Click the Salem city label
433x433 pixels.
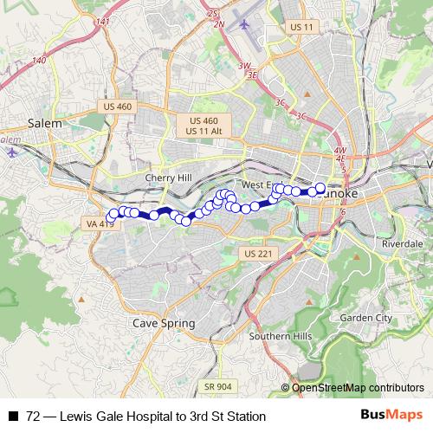[44, 124]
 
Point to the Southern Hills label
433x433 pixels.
[274, 336]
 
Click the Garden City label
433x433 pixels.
[365, 318]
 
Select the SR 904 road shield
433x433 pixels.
[218, 385]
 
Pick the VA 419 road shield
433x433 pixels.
[100, 223]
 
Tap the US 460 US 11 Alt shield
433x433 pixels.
[204, 125]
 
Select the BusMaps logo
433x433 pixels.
[391, 416]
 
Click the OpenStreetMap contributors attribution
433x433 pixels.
[358, 387]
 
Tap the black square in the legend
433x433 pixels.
[13, 417]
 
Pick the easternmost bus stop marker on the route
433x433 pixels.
[320, 188]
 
